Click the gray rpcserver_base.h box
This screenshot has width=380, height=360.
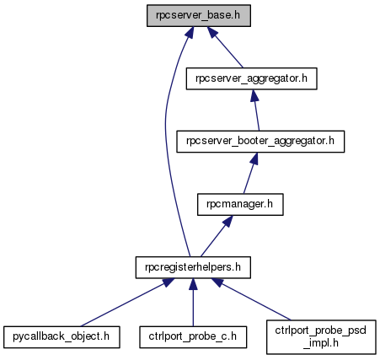(199, 16)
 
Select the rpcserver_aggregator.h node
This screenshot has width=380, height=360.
(252, 78)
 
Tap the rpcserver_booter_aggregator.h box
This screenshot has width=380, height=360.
(260, 142)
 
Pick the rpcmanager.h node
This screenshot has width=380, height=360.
(240, 205)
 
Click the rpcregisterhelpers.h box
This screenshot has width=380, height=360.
(193, 267)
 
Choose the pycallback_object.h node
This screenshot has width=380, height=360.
(62, 337)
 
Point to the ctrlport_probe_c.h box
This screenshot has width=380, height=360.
(193, 337)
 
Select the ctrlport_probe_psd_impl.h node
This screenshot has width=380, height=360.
(321, 337)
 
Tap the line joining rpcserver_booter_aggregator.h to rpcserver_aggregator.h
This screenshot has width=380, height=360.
(255, 110)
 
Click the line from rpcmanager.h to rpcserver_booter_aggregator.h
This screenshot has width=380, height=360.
(249, 173)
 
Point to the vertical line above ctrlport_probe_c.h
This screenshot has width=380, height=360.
(193, 303)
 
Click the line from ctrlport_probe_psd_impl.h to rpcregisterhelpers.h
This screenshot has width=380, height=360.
(251, 299)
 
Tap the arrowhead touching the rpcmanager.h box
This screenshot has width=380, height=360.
(228, 221)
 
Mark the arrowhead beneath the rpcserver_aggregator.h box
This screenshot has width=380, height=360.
(254, 95)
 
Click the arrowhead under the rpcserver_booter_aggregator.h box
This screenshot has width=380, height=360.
(254, 159)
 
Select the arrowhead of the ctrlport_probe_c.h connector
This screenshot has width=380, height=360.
(193, 284)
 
